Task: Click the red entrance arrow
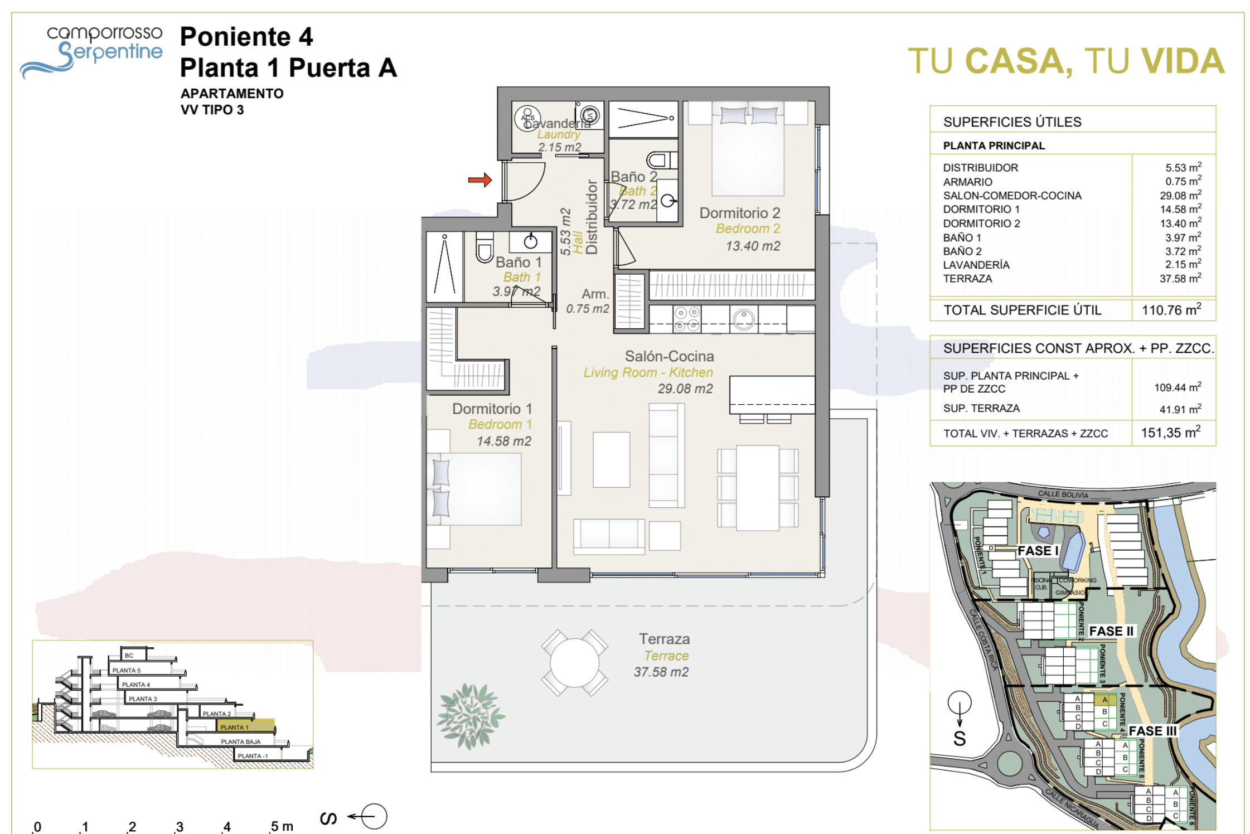[479, 180]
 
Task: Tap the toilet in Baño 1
[485, 247]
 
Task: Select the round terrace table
[574, 663]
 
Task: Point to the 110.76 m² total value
[1171, 310]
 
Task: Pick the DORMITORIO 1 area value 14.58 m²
[1180, 209]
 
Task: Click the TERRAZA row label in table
[967, 279]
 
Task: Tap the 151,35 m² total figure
[1170, 433]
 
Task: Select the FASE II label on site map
[1111, 631]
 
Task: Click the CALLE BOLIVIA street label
[1063, 494]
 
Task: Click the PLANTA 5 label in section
[127, 670]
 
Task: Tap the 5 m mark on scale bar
[282, 826]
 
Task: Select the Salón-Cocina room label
[669, 356]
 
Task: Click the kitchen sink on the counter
[744, 319]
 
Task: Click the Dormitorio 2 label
[739, 213]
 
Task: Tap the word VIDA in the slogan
[1183, 61]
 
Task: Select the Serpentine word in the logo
[110, 52]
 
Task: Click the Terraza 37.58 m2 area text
[661, 672]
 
